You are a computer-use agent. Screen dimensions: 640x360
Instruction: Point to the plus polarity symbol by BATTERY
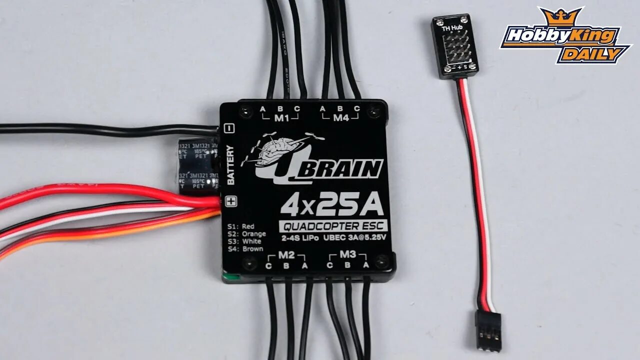coord(230,201)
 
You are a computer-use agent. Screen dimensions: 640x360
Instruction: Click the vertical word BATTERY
coord(230,164)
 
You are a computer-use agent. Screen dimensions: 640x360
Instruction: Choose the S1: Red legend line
coord(241,226)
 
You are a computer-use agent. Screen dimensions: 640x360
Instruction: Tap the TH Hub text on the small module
coord(449,28)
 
